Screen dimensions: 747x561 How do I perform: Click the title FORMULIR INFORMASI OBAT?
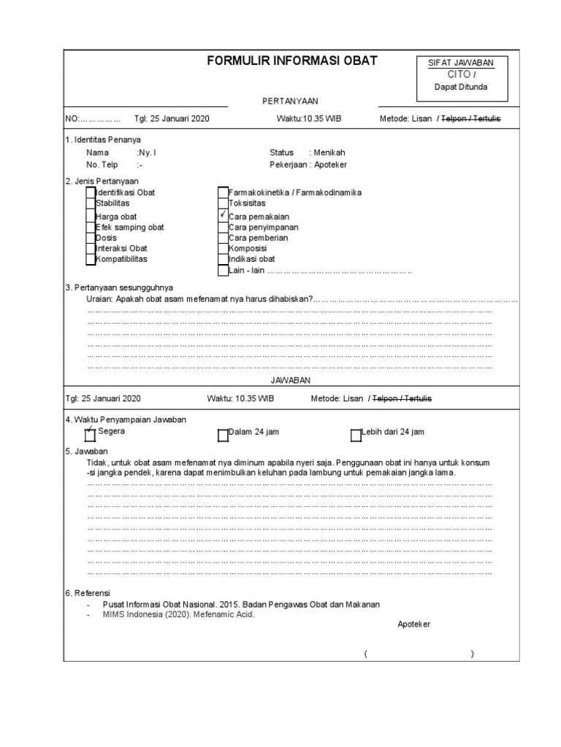click(x=292, y=61)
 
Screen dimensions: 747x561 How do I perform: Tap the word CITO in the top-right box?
click(x=459, y=74)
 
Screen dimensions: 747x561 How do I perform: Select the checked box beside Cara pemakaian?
click(x=223, y=216)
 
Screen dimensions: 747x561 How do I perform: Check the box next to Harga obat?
click(x=90, y=217)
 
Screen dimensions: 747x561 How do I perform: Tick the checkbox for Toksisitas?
click(x=223, y=204)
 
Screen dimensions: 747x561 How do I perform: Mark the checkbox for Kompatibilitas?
click(x=90, y=258)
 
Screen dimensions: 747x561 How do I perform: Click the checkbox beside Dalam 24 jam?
click(x=223, y=436)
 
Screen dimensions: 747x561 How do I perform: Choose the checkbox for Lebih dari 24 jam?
click(x=356, y=436)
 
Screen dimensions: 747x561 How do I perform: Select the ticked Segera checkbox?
click(x=91, y=435)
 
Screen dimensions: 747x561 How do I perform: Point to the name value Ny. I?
click(x=147, y=152)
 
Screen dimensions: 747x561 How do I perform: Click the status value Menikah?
click(x=329, y=152)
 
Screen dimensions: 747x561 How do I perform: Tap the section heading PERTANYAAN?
click(x=291, y=101)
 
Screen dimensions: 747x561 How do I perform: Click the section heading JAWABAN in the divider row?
click(x=291, y=381)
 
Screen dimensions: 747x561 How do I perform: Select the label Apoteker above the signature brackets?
click(x=414, y=624)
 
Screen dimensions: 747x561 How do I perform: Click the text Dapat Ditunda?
click(x=460, y=87)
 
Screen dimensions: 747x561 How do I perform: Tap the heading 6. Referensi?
click(x=88, y=594)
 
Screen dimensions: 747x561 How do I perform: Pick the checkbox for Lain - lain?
click(x=223, y=271)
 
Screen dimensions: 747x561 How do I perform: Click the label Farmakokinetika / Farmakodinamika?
click(x=295, y=193)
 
